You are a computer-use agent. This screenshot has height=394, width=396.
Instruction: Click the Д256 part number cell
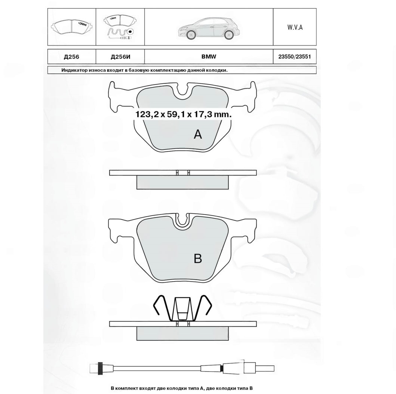pyautogui.click(x=71, y=57)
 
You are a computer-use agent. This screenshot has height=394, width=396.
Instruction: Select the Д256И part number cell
pyautogui.click(x=120, y=57)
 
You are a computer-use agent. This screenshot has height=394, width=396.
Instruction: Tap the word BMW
pyautogui.click(x=209, y=57)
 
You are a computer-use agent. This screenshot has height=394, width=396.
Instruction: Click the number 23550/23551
pyautogui.click(x=295, y=57)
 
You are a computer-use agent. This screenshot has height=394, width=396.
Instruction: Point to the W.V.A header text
pyautogui.click(x=295, y=27)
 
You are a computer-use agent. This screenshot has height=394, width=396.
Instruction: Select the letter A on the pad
pyautogui.click(x=198, y=134)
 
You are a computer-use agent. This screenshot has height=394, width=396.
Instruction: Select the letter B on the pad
pyautogui.click(x=198, y=258)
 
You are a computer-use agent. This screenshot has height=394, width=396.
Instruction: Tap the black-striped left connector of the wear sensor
pyautogui.click(x=99, y=368)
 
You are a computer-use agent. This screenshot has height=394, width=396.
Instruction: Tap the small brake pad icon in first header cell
pyautogui.click(x=71, y=27)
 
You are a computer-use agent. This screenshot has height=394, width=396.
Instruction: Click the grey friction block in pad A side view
pyautogui.click(x=182, y=182)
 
